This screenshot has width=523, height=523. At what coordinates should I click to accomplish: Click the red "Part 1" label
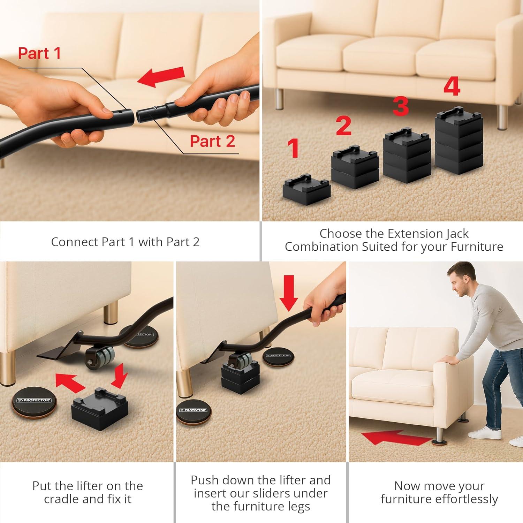(x=39, y=53)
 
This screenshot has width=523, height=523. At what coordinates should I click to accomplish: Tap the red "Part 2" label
(x=212, y=141)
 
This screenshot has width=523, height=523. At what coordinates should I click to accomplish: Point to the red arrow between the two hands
(x=161, y=77)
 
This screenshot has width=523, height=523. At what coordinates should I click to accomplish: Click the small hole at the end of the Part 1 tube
(x=120, y=112)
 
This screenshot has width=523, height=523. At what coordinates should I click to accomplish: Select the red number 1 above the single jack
(x=293, y=148)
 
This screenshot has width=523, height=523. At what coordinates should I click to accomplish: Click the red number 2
(x=343, y=126)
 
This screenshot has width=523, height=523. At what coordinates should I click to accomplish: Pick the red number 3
(x=401, y=106)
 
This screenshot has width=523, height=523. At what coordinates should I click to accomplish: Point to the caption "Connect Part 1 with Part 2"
(x=125, y=242)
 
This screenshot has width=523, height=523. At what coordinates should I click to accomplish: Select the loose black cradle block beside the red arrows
(x=100, y=409)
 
